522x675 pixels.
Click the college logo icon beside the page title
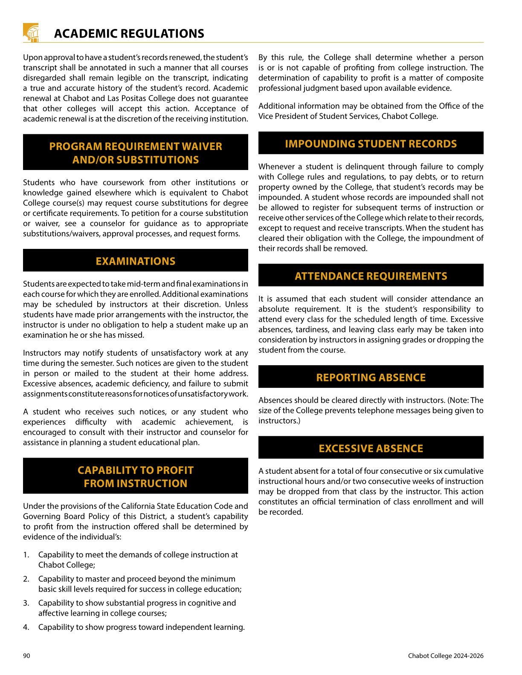pos(31,33)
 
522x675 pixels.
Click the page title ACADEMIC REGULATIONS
pos(129,34)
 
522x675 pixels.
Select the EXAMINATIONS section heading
pos(135,261)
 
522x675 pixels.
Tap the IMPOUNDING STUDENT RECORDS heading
pos(371,144)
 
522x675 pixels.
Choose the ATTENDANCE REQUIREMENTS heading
pos(371,276)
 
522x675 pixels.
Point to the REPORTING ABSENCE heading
pos(371,378)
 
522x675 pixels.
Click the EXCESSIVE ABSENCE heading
pos(371,448)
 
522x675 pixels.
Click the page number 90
pos(26,656)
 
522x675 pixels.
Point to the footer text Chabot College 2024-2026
pos(445,656)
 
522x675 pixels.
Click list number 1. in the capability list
pos(26,555)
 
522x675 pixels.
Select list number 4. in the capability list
pos(26,627)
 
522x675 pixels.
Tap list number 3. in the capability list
pos(26,603)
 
